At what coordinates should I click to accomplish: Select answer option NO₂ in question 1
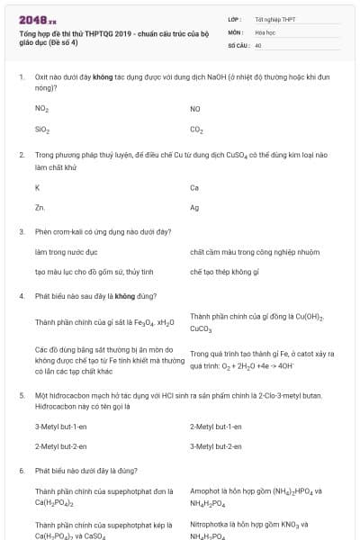(x=41, y=109)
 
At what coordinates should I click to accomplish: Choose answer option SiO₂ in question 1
(x=41, y=130)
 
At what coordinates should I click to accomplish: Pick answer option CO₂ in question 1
(x=197, y=130)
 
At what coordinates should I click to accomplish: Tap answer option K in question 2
(x=37, y=187)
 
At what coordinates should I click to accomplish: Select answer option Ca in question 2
(x=194, y=187)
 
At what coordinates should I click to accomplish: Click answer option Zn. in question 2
(x=40, y=207)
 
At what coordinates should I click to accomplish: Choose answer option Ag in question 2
(x=194, y=207)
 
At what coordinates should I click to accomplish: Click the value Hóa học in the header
(x=265, y=31)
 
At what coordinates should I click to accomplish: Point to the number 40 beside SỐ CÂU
(x=258, y=44)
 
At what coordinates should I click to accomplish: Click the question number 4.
(x=21, y=295)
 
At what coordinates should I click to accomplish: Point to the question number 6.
(x=21, y=470)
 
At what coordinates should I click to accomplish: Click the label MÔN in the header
(x=235, y=31)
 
